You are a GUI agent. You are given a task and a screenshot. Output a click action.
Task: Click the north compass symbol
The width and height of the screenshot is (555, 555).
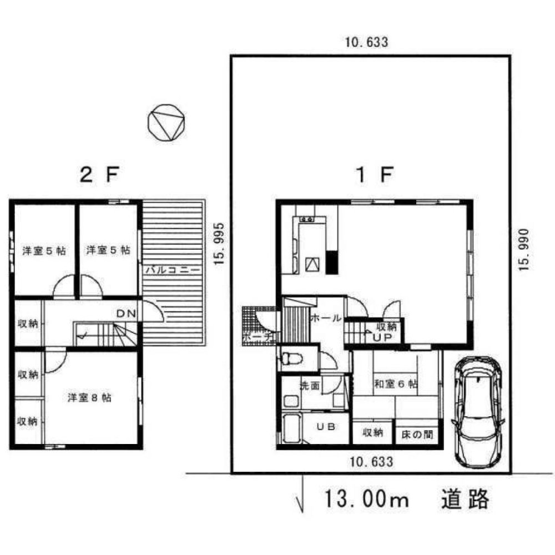click(165, 123)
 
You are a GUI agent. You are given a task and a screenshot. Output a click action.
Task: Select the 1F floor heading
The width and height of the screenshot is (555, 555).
click(375, 176)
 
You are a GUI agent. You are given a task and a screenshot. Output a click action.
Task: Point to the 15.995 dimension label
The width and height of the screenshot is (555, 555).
click(220, 244)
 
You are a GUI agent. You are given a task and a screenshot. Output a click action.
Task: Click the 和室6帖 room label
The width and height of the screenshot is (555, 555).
click(396, 384)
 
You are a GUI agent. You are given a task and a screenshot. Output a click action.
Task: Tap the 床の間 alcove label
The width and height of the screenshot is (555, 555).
click(417, 433)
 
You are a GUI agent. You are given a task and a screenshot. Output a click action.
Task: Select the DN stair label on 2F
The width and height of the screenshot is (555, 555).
click(126, 314)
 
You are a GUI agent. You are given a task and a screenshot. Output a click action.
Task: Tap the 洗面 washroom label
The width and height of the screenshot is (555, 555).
click(309, 386)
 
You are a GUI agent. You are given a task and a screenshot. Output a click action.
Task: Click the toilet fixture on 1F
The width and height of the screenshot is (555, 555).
click(291, 358)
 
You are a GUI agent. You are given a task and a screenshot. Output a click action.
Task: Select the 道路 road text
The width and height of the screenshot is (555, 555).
click(466, 500)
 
